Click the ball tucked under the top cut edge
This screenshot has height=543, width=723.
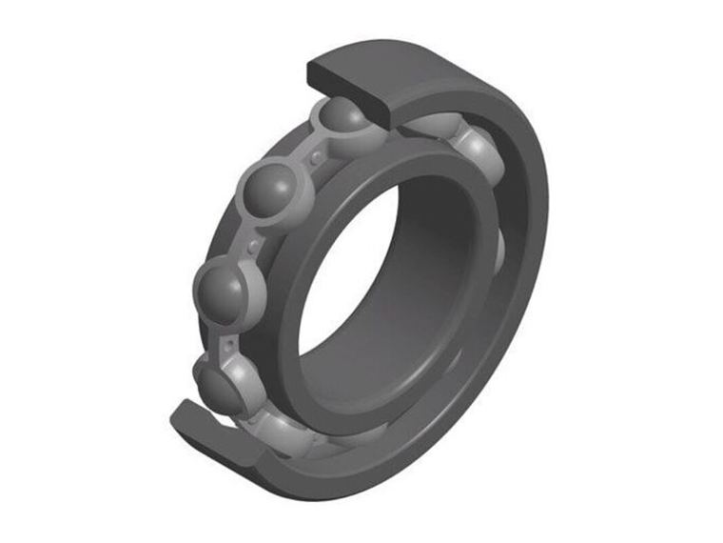point(341,118)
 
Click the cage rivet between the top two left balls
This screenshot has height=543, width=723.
point(303,153)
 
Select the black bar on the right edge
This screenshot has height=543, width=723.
point(677,271)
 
